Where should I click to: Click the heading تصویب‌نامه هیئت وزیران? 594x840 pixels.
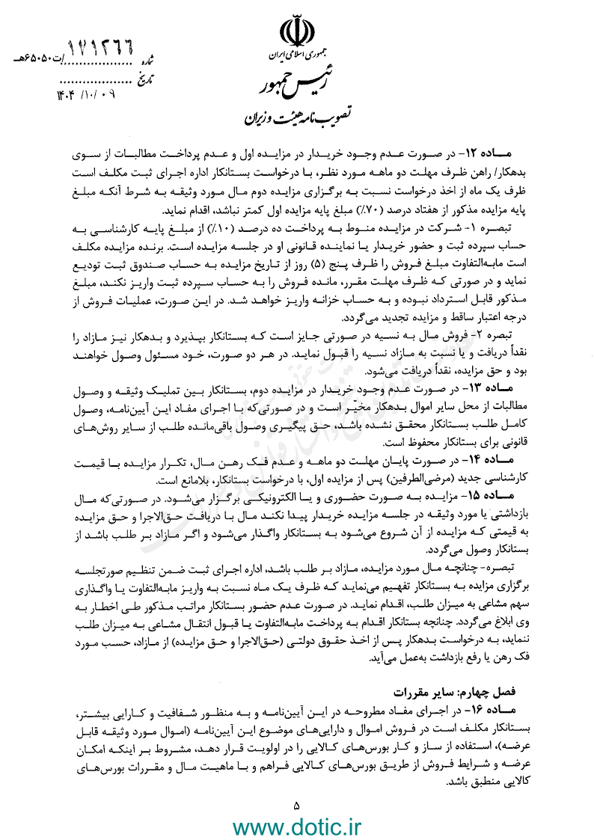pyautogui.click(x=297, y=117)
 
